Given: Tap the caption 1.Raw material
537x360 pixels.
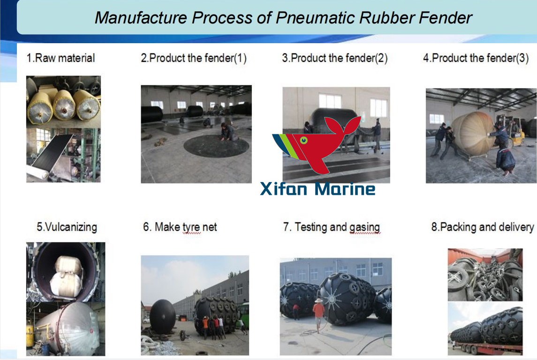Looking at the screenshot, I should (x=61, y=58).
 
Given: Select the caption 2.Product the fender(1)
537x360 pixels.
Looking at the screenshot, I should (x=193, y=58).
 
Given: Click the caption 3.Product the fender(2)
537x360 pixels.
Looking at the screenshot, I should (x=334, y=58).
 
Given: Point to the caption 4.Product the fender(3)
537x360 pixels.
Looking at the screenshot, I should (x=476, y=58).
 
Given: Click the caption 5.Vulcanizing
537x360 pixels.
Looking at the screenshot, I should (x=67, y=227).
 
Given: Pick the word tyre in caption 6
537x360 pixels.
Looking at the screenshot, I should (x=191, y=227).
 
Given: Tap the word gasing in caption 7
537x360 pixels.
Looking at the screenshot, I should (x=364, y=227).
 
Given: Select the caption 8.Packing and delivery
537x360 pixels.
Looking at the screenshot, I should (x=482, y=227).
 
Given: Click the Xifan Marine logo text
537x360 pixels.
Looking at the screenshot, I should (x=318, y=189).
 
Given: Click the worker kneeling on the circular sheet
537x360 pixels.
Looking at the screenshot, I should (x=228, y=132).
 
